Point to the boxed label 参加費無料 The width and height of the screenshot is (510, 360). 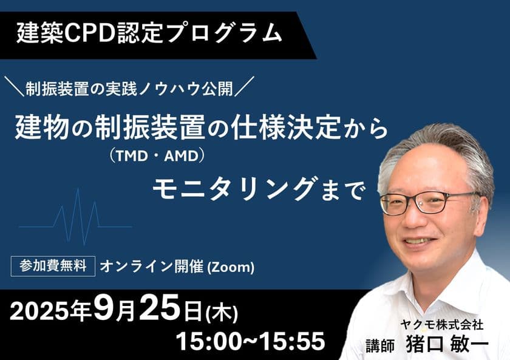53,267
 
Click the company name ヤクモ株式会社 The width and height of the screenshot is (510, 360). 441,325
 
